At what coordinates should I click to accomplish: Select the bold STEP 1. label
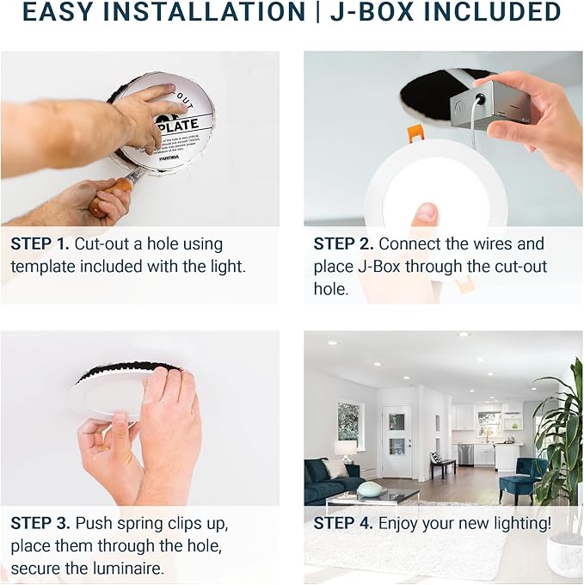coord(40,244)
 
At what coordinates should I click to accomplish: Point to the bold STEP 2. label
coord(343,244)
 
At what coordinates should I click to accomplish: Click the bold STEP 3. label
coord(40,523)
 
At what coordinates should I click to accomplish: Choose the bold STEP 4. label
coord(343,523)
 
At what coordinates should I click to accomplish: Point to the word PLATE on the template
coord(179,126)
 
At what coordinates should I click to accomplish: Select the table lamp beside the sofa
coord(346,448)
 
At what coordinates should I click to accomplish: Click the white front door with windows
coord(397,440)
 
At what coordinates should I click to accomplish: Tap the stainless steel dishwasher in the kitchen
coord(465,454)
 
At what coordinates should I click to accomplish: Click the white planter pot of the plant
coord(564,554)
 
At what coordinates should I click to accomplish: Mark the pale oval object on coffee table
coord(370,489)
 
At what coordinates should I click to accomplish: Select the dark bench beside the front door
coord(443,467)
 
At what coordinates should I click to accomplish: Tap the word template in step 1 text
coord(40,267)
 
